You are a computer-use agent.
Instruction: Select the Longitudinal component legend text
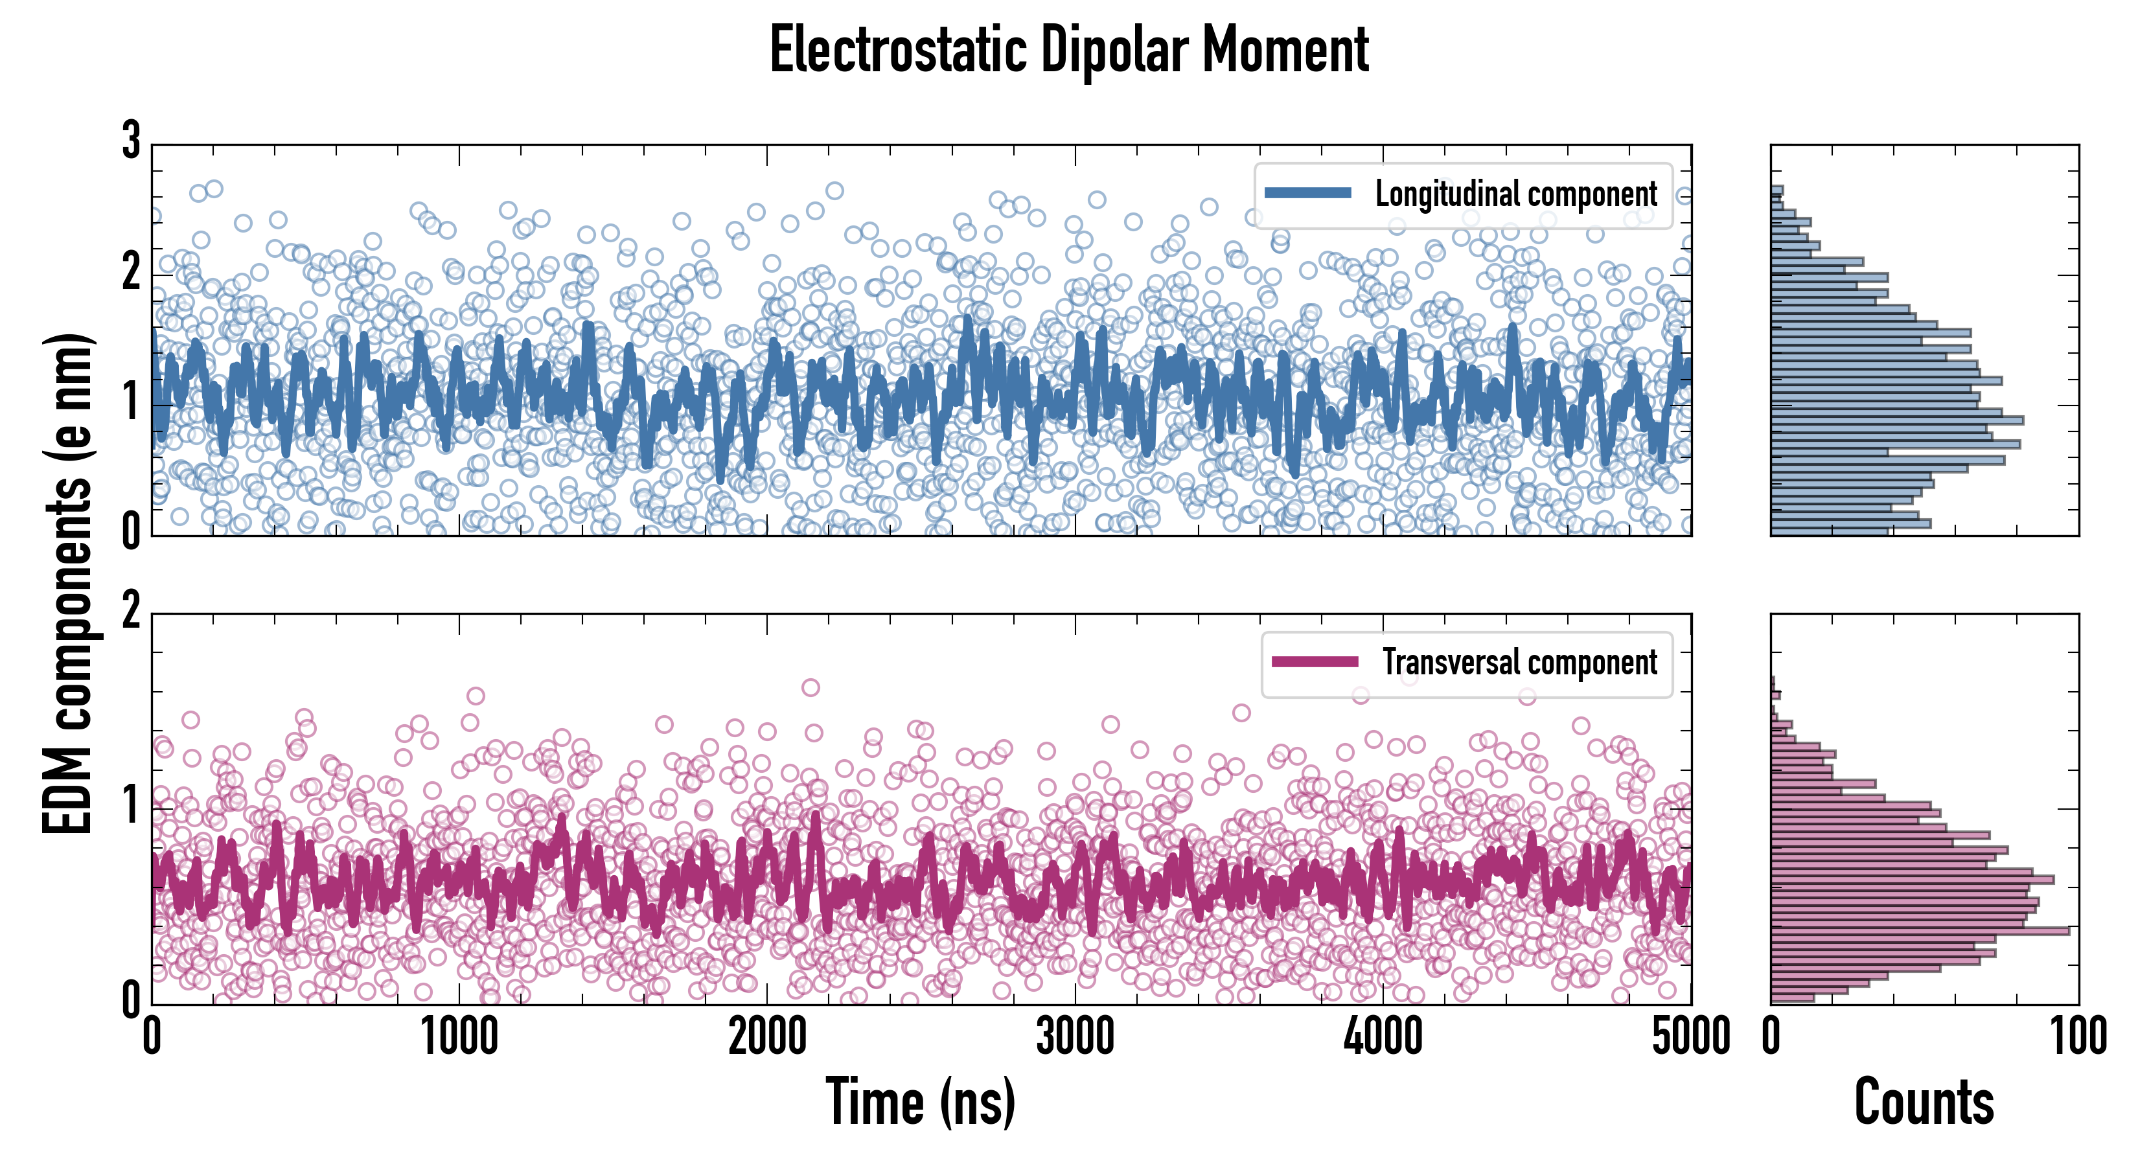click(x=1515, y=194)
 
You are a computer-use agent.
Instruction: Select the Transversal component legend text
click(x=1520, y=662)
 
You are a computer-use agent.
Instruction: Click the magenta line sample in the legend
click(x=1315, y=661)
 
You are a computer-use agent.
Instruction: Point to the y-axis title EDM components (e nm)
click(x=68, y=584)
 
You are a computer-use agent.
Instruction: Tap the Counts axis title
click(x=1924, y=1101)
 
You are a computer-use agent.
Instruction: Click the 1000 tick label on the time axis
click(x=459, y=1037)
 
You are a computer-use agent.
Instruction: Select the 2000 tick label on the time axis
click(x=767, y=1037)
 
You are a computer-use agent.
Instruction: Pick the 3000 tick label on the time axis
click(x=1075, y=1037)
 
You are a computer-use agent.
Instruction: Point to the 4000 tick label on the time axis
click(x=1383, y=1037)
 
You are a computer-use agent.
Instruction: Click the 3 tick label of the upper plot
click(x=131, y=141)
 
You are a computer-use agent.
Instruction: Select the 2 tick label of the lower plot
click(x=131, y=612)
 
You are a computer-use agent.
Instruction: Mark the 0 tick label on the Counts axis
click(x=1771, y=1037)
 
